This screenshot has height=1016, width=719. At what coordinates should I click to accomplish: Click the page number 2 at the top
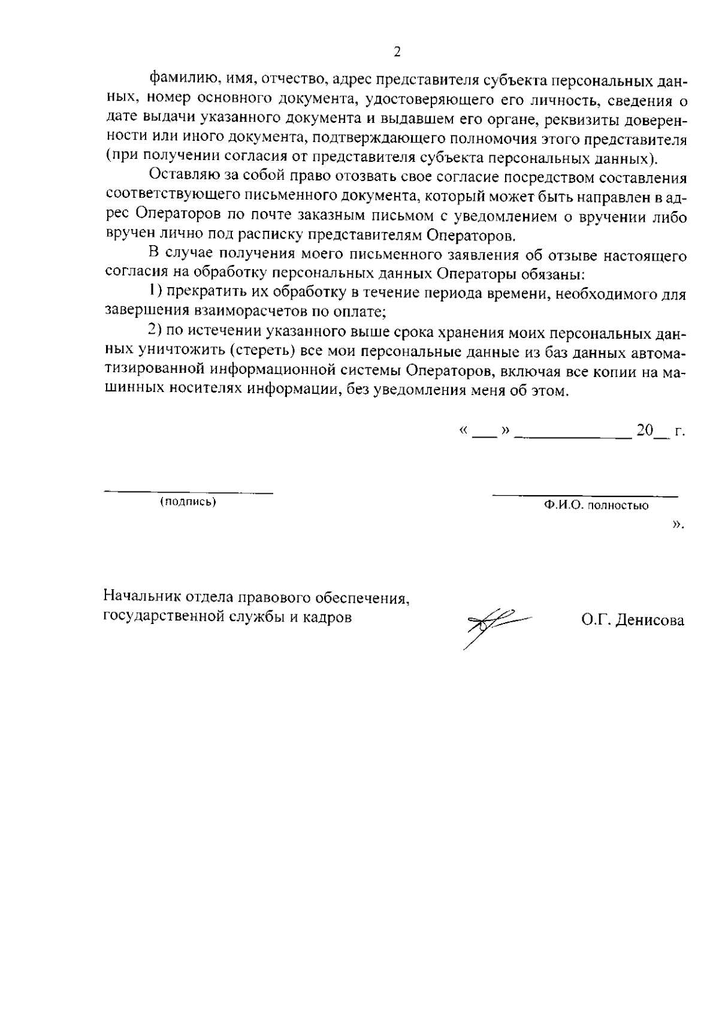pyautogui.click(x=396, y=52)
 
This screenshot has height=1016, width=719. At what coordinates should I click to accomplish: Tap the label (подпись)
pyautogui.click(x=188, y=502)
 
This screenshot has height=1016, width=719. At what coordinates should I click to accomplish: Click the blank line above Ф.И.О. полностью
pyautogui.click(x=585, y=496)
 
